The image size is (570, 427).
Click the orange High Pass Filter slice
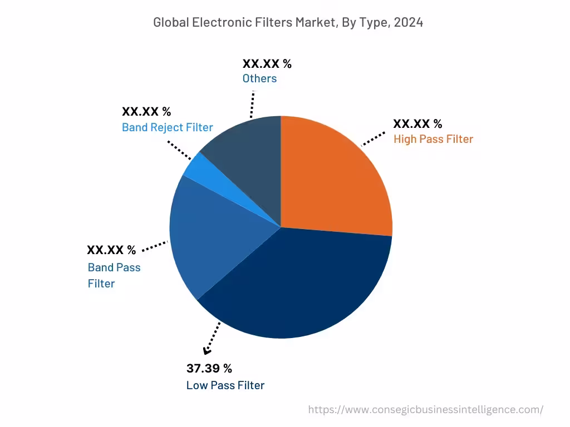pyautogui.click(x=334, y=178)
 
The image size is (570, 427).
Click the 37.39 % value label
pyautogui.click(x=209, y=368)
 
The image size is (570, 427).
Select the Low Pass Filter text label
pyautogui.click(x=225, y=385)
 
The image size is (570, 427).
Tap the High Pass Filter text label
pyautogui.click(x=433, y=139)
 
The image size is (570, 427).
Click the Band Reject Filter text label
pyautogui.click(x=167, y=127)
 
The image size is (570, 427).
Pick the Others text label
pyautogui.click(x=259, y=78)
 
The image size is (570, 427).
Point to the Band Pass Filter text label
pyautogui.click(x=114, y=275)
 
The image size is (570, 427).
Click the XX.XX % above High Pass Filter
pyautogui.click(x=417, y=123)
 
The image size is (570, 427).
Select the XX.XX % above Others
pyautogui.click(x=267, y=63)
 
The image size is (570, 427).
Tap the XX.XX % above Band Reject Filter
pyautogui.click(x=146, y=111)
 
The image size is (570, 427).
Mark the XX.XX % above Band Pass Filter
pyautogui.click(x=111, y=250)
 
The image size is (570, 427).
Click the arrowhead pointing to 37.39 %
pyautogui.click(x=207, y=350)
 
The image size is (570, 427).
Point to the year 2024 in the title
pyautogui.click(x=410, y=22)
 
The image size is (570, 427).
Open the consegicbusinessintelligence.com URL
pyautogui.click(x=426, y=410)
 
